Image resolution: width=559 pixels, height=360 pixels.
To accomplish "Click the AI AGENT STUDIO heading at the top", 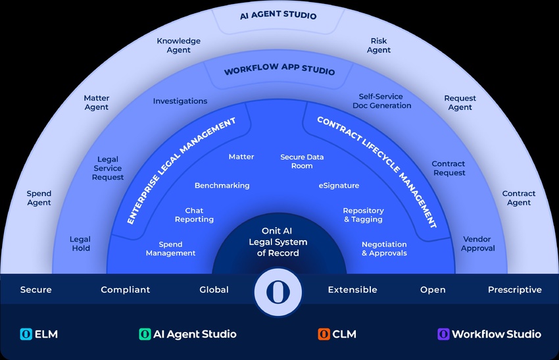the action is pyautogui.click(x=278, y=15).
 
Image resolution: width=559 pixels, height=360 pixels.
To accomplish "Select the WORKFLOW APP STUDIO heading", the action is pyautogui.click(x=279, y=69).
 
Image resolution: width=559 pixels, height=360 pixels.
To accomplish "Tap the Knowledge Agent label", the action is pyautogui.click(x=179, y=45).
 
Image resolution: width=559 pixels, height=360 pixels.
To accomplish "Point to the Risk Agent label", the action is pyautogui.click(x=379, y=45).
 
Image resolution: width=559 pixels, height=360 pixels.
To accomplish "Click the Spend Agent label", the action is pyautogui.click(x=39, y=198).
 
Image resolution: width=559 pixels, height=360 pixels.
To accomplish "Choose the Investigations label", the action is pyautogui.click(x=180, y=101).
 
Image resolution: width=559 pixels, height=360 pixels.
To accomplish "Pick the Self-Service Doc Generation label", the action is pyautogui.click(x=381, y=101).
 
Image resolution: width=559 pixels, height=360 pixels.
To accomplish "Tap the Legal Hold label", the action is pyautogui.click(x=80, y=244).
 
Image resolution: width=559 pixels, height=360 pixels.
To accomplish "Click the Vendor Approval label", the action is pyautogui.click(x=477, y=244).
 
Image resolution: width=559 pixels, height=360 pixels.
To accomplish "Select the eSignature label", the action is pyautogui.click(x=339, y=186).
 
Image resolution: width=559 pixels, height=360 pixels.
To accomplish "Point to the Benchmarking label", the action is pyautogui.click(x=222, y=186).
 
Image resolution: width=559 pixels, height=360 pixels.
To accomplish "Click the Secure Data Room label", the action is pyautogui.click(x=302, y=161).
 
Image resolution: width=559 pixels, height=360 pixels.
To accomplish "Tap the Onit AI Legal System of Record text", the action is pyautogui.click(x=278, y=242).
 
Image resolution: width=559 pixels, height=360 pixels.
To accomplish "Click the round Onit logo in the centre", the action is pyautogui.click(x=278, y=292).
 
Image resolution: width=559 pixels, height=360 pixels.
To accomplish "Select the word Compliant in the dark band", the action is pyautogui.click(x=126, y=290).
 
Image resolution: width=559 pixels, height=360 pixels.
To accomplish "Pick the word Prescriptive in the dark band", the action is pyautogui.click(x=515, y=290).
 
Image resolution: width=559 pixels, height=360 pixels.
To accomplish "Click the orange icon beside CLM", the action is pyautogui.click(x=324, y=334).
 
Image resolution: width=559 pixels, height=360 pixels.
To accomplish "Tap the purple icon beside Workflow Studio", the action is pyautogui.click(x=443, y=334).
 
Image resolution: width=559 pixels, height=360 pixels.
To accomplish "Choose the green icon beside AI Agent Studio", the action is pyautogui.click(x=145, y=334).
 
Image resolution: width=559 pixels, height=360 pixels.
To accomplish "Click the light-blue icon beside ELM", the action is pyautogui.click(x=26, y=334).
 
